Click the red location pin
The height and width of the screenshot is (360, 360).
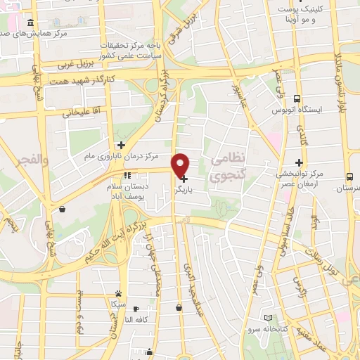(x=181, y=165)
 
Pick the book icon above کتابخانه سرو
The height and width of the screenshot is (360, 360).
(x=266, y=317)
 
